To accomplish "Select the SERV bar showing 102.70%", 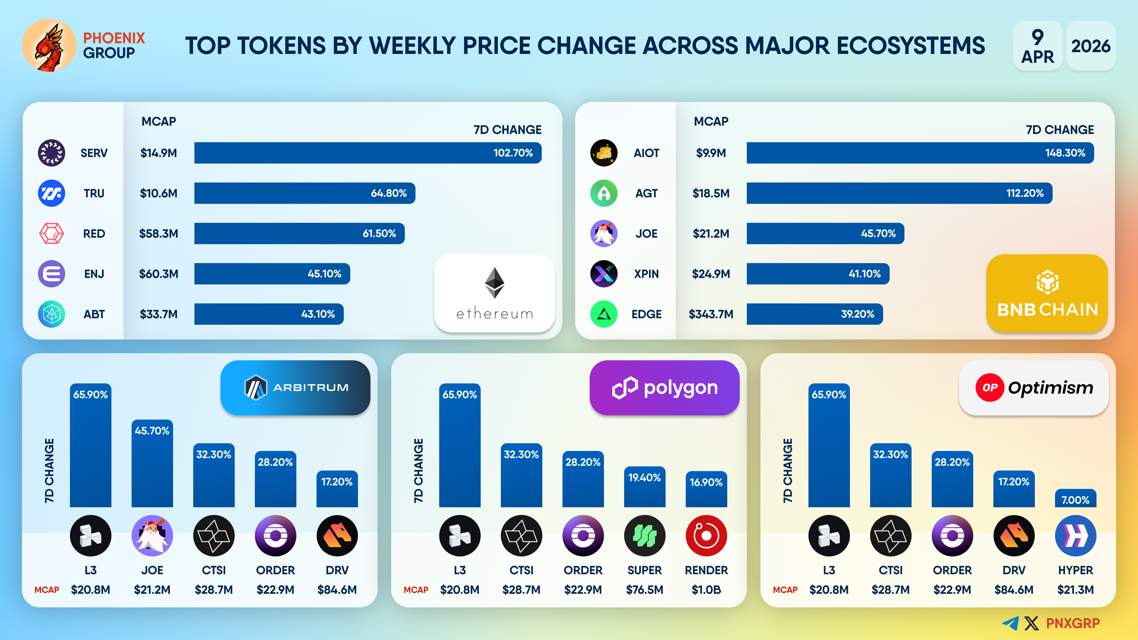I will point(367,153).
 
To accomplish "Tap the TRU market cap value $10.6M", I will point(159,193).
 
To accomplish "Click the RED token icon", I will point(52,234).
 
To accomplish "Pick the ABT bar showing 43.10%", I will point(268,314).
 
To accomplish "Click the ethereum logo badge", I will point(494,293).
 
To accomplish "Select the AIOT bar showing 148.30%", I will point(920,153).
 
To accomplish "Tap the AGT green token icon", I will point(603,193).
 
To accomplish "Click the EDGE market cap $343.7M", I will point(711,314).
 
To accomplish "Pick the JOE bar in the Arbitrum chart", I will point(152,464).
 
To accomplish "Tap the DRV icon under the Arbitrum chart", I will point(337,536).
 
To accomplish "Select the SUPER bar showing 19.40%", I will point(645,487).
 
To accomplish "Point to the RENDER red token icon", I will point(706,536).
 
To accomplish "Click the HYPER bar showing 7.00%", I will point(1075,498).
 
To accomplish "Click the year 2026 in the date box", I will point(1090,46).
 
